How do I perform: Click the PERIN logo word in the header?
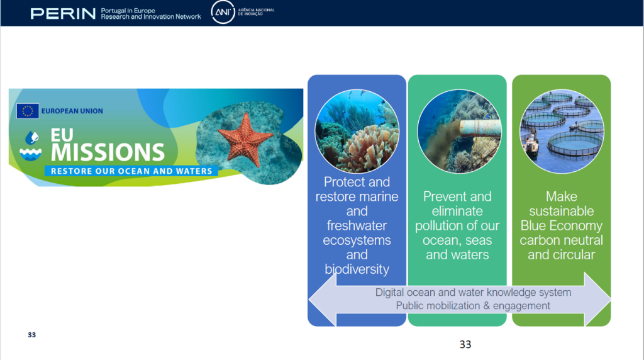coord(63,14)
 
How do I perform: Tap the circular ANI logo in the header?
coord(223,12)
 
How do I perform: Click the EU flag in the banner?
coord(28,111)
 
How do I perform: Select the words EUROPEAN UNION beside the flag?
coord(72,111)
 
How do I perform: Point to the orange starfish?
coord(245,140)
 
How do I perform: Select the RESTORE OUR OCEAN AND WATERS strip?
coord(131,171)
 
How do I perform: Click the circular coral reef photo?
coord(357,131)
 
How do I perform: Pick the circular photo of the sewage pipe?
coord(459,131)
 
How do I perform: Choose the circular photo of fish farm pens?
coord(562,131)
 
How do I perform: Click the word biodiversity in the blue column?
coord(357,269)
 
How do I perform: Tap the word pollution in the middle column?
coord(440,225)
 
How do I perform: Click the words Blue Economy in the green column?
coord(562,225)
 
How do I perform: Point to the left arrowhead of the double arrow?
coord(323,299)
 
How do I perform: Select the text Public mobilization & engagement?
coord(473,306)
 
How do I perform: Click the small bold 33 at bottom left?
coord(31,335)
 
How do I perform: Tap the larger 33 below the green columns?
coord(465,344)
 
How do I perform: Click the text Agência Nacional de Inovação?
coord(257,12)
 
